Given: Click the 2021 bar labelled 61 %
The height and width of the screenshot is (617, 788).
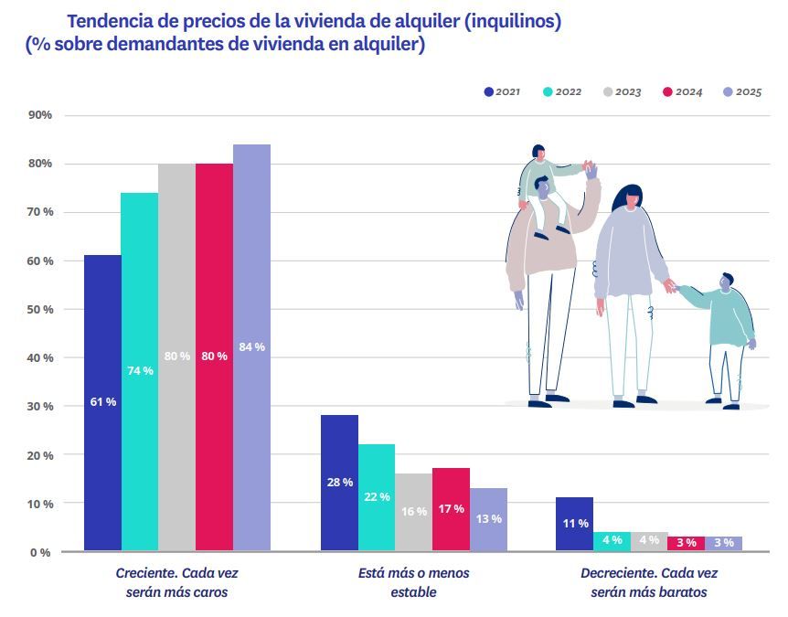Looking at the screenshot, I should tap(102, 402).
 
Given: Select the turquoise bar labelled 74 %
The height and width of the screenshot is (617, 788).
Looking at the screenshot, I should tap(139, 371).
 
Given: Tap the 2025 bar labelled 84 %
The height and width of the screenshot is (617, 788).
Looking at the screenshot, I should tap(251, 347).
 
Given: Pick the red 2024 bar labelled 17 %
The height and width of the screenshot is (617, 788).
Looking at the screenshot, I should tap(451, 509).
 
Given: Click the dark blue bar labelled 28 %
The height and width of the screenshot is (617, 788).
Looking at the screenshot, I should tap(339, 483).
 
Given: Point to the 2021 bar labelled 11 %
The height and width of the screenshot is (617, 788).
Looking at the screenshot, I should tap(575, 524).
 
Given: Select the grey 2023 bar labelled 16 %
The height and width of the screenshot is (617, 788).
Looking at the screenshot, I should tap(413, 512).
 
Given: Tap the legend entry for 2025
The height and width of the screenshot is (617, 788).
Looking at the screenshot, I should tap(741, 92).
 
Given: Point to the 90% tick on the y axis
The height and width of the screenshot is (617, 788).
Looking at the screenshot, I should tap(40, 115).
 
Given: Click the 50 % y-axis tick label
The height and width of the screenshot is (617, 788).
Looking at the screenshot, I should tap(40, 310).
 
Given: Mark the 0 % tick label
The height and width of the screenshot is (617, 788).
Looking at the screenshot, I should tap(40, 552).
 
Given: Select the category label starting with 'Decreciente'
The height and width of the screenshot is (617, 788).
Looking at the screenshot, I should tap(649, 582).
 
